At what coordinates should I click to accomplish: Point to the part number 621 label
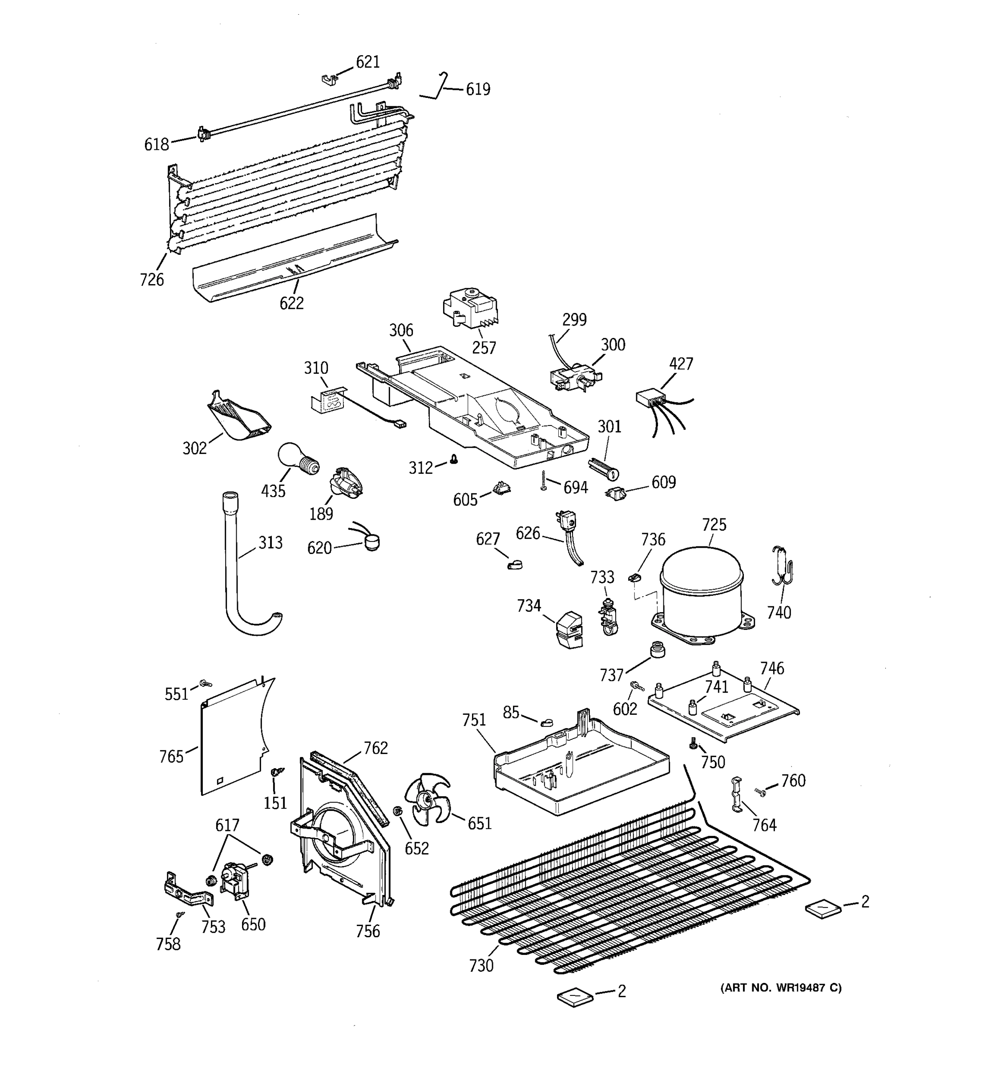[x=368, y=62]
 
